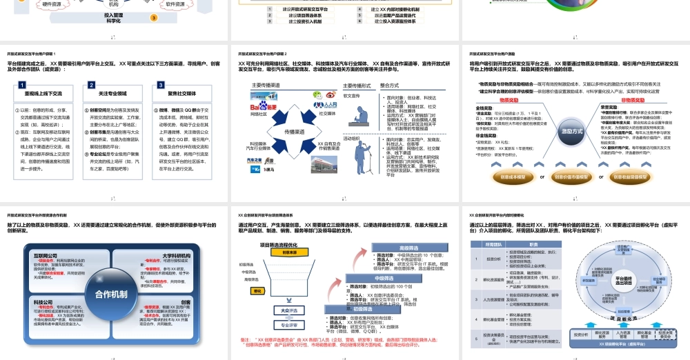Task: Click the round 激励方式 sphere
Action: click(x=571, y=130)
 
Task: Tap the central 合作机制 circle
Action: click(x=111, y=294)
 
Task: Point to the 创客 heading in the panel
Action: click(x=186, y=302)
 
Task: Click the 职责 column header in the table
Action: click(x=533, y=245)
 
